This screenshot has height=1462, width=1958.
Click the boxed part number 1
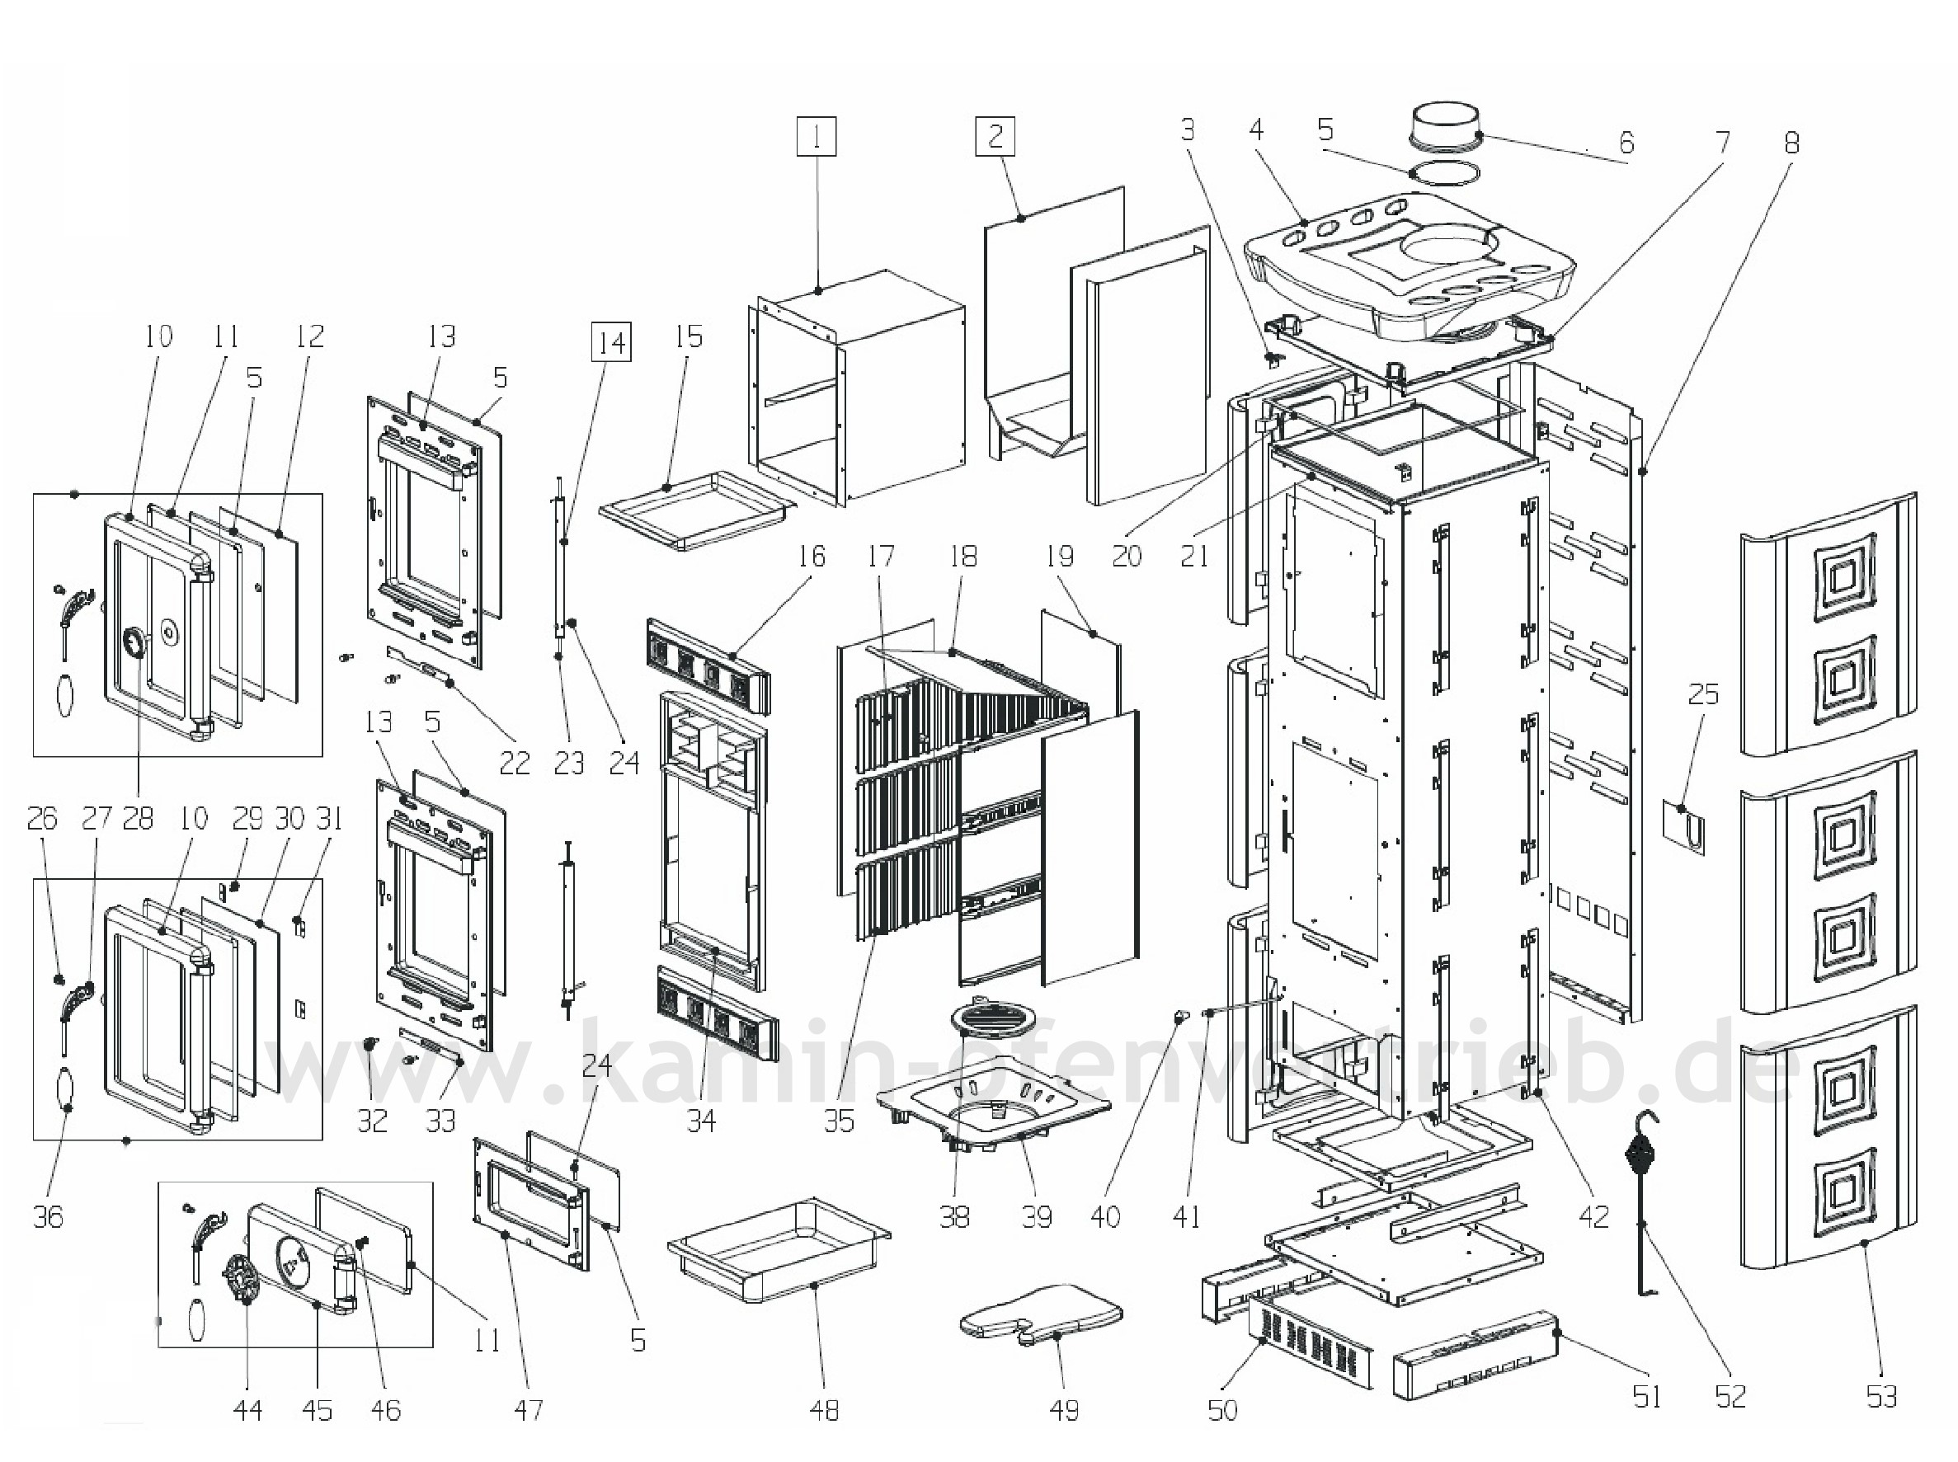pos(817,137)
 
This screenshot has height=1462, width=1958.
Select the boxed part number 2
pos(995,137)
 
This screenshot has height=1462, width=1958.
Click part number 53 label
pos(1882,1397)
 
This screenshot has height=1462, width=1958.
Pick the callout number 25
pos(1702,694)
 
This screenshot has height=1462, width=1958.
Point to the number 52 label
pos(1730,1397)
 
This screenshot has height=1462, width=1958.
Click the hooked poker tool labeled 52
pos(1644,1195)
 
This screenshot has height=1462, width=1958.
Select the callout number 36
pos(49,1217)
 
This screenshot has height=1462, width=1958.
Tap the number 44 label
pos(248,1409)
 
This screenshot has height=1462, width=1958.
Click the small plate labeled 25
pos(1684,827)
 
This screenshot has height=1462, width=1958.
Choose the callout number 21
pos(1194,556)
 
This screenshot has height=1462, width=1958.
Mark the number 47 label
pos(529,1409)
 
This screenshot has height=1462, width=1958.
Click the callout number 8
pos(1791,143)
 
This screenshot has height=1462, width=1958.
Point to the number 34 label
pos(701,1121)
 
